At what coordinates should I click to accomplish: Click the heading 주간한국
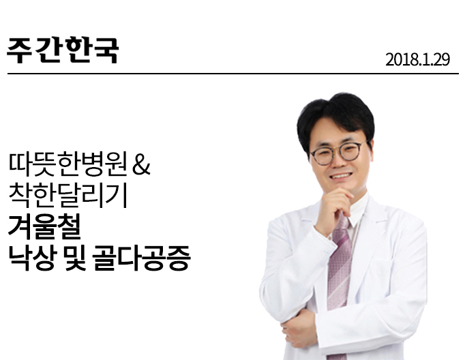coord(63,50)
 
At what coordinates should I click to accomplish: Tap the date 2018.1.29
coord(417,59)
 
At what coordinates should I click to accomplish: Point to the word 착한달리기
coord(68,196)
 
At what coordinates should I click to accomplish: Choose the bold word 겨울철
coord(44,227)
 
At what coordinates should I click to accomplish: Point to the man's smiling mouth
coord(341,176)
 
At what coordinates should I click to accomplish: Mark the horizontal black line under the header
coord(233,73)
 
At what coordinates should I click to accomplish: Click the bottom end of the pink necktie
coord(337,357)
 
